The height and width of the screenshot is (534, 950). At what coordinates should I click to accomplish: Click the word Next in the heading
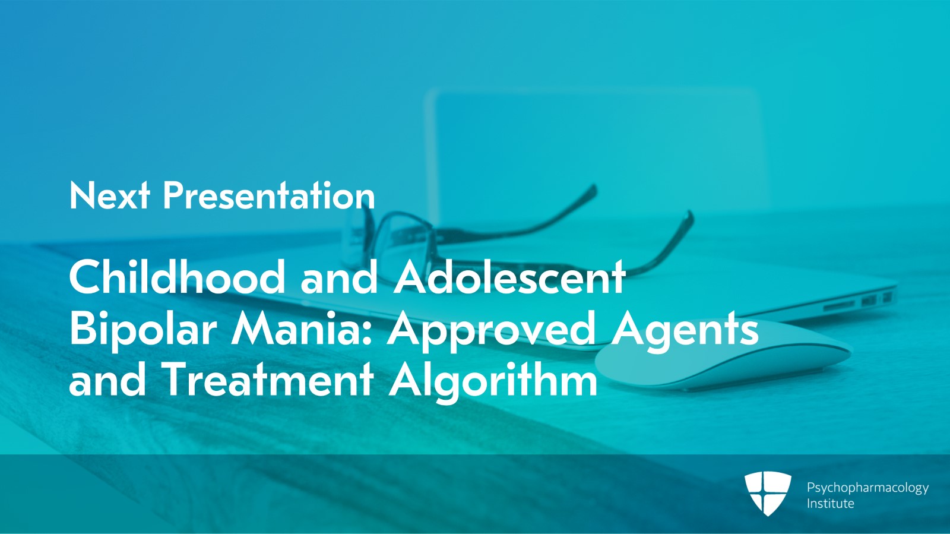(109, 195)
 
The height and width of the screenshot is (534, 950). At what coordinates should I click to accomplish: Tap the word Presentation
(269, 195)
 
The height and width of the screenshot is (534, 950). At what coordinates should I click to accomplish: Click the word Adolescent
(509, 277)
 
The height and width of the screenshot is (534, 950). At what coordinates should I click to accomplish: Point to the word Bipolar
(142, 329)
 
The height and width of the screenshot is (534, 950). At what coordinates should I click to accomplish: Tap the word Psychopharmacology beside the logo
(867, 488)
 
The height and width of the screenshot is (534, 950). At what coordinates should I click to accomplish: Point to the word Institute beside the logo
(830, 504)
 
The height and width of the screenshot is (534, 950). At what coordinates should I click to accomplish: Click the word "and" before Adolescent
(339, 277)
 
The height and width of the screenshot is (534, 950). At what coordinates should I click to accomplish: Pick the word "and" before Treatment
(107, 381)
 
